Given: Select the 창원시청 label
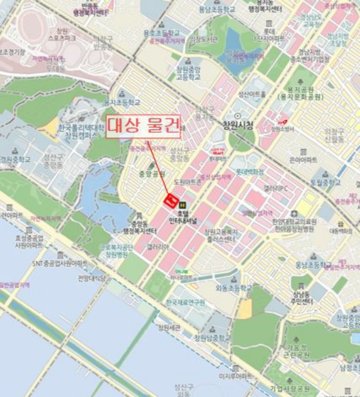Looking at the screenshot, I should coord(237,125).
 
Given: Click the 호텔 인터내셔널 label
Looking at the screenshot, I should coord(183,217).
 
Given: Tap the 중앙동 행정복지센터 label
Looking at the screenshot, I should coord(139,228).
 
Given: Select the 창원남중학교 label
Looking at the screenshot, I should coord(212,338).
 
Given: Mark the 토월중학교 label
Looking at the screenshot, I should coord(324,183).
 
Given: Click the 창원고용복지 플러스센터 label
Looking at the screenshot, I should coord(220,235).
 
